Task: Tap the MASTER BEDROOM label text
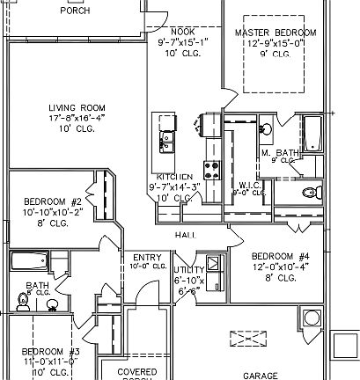[275, 33]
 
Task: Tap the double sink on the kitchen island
[166, 138]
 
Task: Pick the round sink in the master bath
[266, 128]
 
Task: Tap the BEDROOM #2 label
[52, 201]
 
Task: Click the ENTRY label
[147, 257]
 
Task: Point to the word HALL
[184, 236]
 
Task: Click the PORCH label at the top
[74, 11]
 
